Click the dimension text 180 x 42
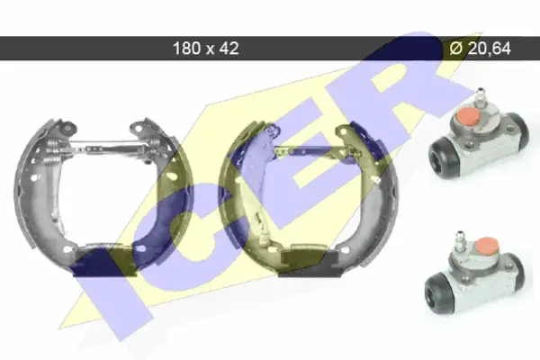pos(205,49)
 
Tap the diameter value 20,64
pos(490,49)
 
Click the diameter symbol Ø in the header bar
pos(456,49)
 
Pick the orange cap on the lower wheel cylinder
pos(487,246)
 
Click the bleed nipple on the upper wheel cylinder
pos(480,98)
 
